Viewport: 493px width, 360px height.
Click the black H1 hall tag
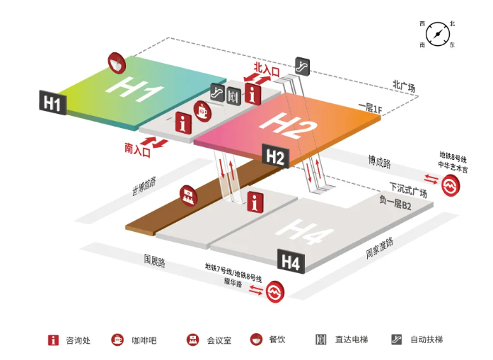click(53, 103)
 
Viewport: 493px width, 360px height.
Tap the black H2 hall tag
click(275, 156)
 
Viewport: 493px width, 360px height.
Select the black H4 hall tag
click(291, 261)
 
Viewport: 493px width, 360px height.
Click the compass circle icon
click(438, 34)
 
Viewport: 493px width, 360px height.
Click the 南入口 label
click(137, 150)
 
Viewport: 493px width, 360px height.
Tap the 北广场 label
click(404, 85)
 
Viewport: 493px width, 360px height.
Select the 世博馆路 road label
click(144, 186)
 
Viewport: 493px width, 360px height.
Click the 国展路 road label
click(154, 261)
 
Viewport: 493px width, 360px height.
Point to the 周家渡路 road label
click(380, 248)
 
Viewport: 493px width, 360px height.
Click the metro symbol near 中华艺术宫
click(451, 186)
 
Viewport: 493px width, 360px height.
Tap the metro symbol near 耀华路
click(275, 291)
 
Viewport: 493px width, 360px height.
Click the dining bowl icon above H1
click(117, 63)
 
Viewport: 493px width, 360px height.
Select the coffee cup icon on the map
click(202, 110)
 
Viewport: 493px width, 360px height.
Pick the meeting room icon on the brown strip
click(188, 196)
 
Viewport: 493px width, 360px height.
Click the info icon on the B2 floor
click(255, 202)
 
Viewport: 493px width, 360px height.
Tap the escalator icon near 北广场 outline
click(303, 66)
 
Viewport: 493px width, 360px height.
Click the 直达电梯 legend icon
click(320, 339)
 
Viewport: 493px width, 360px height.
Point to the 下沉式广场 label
click(408, 190)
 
